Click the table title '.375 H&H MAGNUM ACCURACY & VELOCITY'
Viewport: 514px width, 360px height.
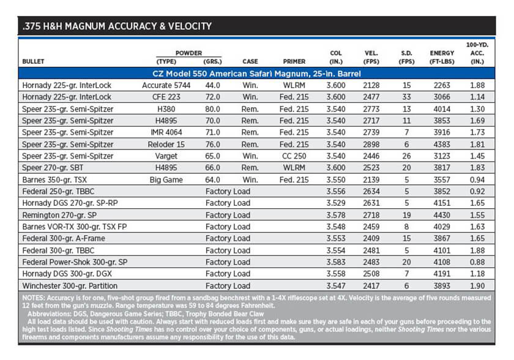[117, 26]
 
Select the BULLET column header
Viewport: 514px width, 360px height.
[33, 61]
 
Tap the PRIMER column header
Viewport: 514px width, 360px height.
[294, 61]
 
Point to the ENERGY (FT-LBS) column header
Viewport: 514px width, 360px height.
[442, 57]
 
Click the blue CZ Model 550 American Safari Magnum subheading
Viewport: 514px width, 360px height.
[256, 73]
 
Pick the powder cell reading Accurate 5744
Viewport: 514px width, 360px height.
[166, 85]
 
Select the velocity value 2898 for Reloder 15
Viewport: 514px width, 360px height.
[371, 144]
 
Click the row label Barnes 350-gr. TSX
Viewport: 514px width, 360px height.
[54, 179]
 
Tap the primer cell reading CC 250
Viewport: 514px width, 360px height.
[294, 156]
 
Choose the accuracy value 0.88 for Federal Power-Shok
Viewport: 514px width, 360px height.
[477, 262]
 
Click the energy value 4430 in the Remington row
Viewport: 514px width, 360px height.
[442, 215]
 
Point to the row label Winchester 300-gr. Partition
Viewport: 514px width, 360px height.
[70, 285]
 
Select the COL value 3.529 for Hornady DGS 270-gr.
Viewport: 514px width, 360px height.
[336, 203]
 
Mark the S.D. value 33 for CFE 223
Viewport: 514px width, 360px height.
[406, 97]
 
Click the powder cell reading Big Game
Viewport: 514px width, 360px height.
[166, 179]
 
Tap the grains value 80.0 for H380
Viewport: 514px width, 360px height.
[212, 109]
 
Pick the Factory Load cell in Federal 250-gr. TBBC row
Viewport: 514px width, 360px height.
[228, 192]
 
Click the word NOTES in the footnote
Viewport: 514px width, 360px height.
[33, 298]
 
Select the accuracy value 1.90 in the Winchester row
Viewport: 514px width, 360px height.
[477, 286]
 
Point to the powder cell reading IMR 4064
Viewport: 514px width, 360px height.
[166, 132]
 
